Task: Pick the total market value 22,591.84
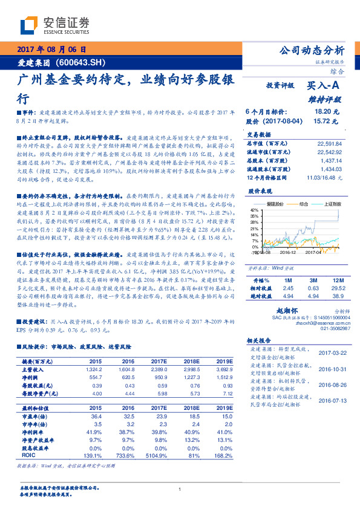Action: point(329,144)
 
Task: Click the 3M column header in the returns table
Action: point(313,281)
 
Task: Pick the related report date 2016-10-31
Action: point(330,368)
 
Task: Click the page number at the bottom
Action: point(180,489)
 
